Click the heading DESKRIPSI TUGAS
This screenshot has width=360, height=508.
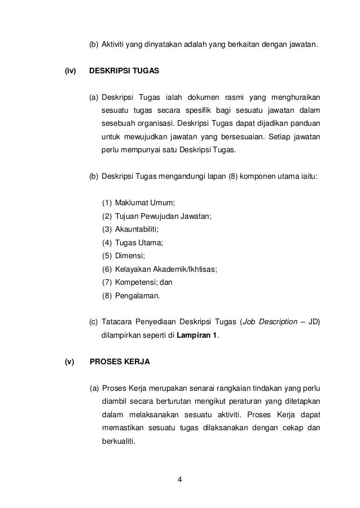pos(125,72)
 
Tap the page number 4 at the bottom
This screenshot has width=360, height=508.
pos(179,480)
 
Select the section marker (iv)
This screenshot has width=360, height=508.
pos(71,72)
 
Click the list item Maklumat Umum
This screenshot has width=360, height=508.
pos(144,202)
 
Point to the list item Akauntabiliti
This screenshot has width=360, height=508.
pos(137,229)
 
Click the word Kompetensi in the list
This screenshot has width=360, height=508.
pos(134,283)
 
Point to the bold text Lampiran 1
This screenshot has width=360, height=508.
pos(197,337)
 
